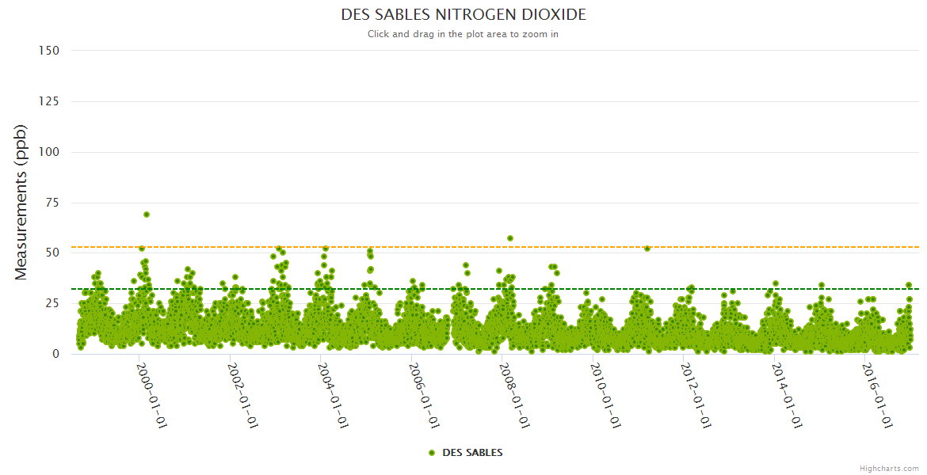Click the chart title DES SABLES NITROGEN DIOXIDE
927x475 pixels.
click(463, 15)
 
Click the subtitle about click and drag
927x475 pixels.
click(463, 34)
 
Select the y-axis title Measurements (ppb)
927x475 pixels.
click(21, 202)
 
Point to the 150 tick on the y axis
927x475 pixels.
click(48, 51)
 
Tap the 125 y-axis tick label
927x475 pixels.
click(48, 101)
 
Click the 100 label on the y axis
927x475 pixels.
click(48, 152)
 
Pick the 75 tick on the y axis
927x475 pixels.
click(51, 203)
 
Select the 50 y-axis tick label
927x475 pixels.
click(51, 253)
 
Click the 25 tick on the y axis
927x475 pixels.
click(51, 304)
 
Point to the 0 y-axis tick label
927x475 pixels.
click(55, 354)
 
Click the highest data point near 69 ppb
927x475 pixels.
click(147, 215)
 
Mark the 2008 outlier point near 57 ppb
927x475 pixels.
click(510, 238)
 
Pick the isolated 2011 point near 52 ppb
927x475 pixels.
click(647, 249)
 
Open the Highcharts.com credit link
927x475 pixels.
click(889, 469)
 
